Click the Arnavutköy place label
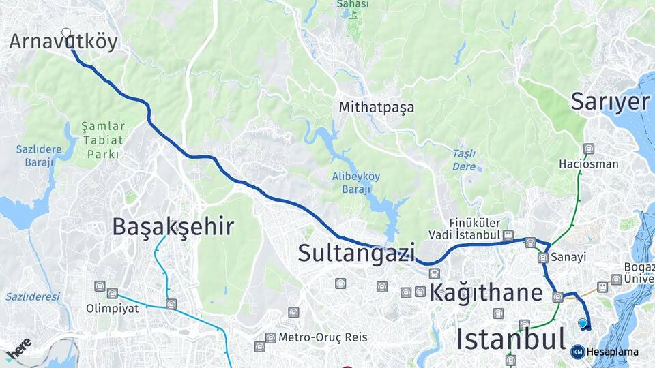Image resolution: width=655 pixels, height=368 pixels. pyautogui.click(x=63, y=42)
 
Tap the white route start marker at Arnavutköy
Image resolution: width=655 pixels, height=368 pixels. pyautogui.click(x=66, y=32)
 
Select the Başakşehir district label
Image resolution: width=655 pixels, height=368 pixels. pyautogui.click(x=173, y=226)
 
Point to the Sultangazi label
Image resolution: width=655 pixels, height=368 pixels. pyautogui.click(x=356, y=253)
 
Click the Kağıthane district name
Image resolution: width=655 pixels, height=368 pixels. pyautogui.click(x=486, y=293)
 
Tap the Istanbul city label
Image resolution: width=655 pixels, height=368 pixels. pyautogui.click(x=510, y=338)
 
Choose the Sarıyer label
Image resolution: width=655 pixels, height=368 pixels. pyautogui.click(x=610, y=102)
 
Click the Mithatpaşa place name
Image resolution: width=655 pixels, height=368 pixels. pyautogui.click(x=377, y=108)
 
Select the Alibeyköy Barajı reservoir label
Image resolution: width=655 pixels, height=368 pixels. pyautogui.click(x=356, y=182)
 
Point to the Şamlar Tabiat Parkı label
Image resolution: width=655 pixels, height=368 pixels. pyautogui.click(x=103, y=140)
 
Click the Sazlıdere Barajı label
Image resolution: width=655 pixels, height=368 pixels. pyautogui.click(x=39, y=155)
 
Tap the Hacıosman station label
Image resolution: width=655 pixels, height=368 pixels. pyautogui.click(x=588, y=164)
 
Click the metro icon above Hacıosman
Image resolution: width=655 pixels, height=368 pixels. pyautogui.click(x=589, y=149)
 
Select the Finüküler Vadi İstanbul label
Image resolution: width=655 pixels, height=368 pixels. pyautogui.click(x=475, y=228)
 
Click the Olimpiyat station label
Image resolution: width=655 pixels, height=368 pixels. pyautogui.click(x=112, y=308)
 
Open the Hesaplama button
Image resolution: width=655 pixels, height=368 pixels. pyautogui.click(x=605, y=352)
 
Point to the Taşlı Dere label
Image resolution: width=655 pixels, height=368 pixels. pyautogui.click(x=464, y=159)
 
